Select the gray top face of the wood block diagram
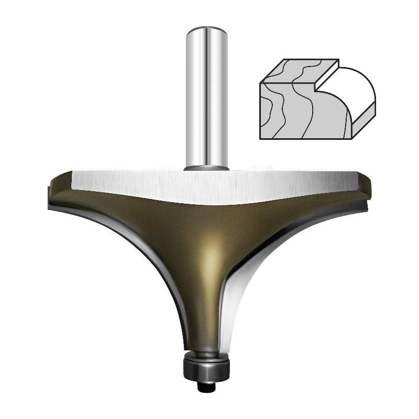[x=301, y=71]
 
